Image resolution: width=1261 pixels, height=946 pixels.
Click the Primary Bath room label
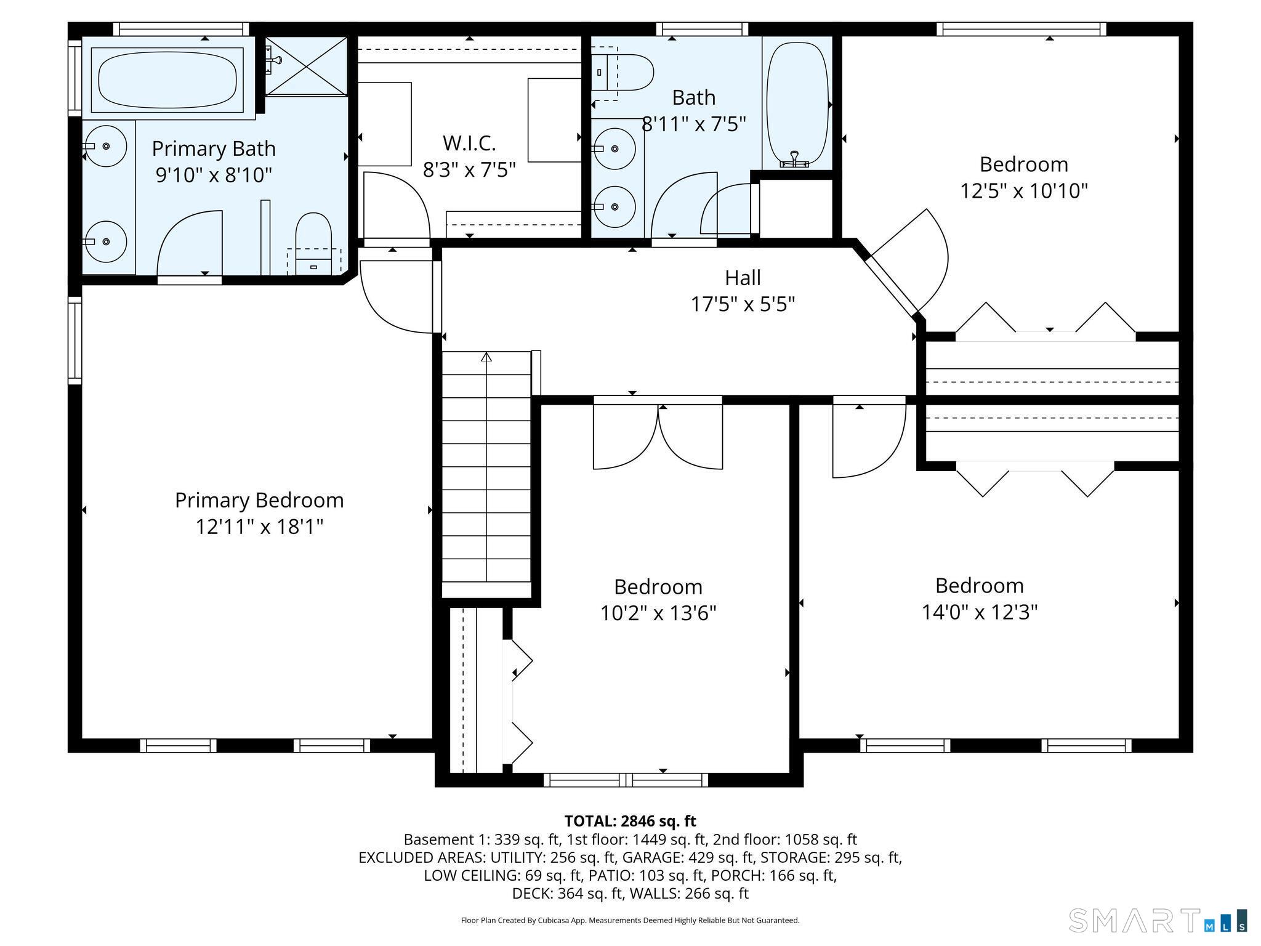click(x=214, y=149)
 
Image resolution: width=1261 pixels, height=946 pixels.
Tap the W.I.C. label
click(x=469, y=144)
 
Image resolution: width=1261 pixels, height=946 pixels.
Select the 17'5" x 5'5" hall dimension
click(x=743, y=304)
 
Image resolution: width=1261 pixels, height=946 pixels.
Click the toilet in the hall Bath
click(x=622, y=73)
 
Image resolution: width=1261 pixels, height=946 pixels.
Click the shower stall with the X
click(x=307, y=66)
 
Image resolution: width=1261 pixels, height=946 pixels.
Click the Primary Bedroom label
click(x=259, y=500)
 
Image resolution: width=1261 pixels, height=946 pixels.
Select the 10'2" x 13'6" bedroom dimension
click(x=658, y=613)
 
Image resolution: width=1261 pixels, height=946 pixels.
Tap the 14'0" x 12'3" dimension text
click(x=980, y=612)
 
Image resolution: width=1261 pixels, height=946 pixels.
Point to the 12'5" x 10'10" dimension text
click(x=1024, y=191)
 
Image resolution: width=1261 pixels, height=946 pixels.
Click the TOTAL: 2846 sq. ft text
click(x=630, y=821)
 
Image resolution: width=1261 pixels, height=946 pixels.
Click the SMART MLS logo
click(x=1158, y=920)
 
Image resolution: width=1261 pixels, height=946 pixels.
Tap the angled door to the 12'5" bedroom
click(x=909, y=262)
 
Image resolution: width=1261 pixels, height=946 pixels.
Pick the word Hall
click(x=743, y=278)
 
